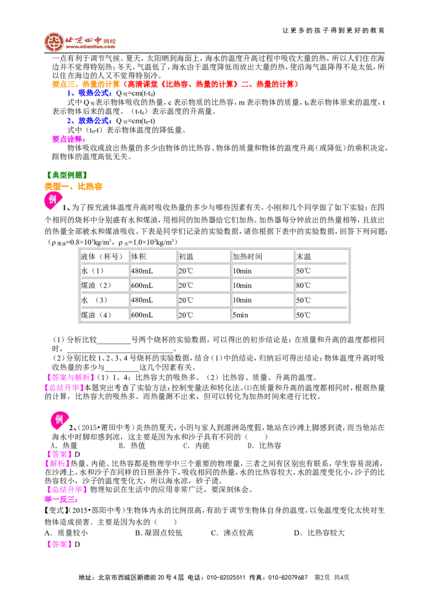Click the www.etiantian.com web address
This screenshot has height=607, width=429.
pos(91,47)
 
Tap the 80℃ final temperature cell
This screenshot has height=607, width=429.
pos(304,286)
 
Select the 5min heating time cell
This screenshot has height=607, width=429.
pos(240,315)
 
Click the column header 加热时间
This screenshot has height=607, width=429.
pos(247,257)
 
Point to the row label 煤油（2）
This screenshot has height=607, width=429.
pos(96,286)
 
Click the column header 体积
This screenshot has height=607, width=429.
pos(138,257)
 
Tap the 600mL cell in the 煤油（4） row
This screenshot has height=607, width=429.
pos(142,315)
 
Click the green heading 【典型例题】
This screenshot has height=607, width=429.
pos(66,175)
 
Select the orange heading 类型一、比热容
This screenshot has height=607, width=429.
pos(73,187)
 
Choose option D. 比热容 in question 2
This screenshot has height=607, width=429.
pos(264,446)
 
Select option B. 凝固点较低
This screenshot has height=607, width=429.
pos(158,532)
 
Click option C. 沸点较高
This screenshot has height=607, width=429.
pos(232,532)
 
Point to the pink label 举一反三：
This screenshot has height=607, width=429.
pos(61,499)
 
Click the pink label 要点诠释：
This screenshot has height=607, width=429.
pos(69,139)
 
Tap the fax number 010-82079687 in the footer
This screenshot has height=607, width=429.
pos(288,578)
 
